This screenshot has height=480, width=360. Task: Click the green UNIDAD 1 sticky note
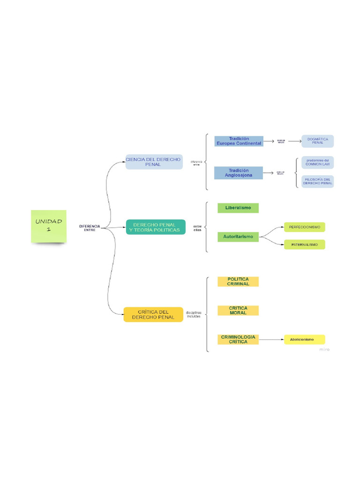[x=49, y=226]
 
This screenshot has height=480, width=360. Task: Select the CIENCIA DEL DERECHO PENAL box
[x=154, y=162]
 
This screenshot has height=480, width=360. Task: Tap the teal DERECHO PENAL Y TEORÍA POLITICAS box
[x=156, y=227]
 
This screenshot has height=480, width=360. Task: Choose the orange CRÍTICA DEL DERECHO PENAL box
[x=153, y=315]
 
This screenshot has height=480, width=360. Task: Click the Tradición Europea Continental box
[x=239, y=141]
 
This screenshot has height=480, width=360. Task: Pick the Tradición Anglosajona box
[x=239, y=173]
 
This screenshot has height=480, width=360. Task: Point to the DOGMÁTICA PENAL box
[x=317, y=141]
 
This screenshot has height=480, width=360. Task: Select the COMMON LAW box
[x=317, y=162]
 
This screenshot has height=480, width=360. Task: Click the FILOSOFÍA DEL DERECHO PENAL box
[x=317, y=181]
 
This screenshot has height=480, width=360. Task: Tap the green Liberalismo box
[x=238, y=208]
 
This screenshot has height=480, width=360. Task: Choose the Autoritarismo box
[x=238, y=237]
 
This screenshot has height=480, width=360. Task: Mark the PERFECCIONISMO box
[x=304, y=227]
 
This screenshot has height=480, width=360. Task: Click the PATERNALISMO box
[x=304, y=245]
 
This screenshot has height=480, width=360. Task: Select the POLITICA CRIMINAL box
[x=238, y=281]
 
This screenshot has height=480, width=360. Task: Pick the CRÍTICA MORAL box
[x=238, y=310]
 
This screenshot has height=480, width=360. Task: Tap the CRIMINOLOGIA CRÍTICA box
[x=238, y=339]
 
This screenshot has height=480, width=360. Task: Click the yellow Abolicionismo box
[x=304, y=339]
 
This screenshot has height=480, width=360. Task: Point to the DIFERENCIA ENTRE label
[x=89, y=228]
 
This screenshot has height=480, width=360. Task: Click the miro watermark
[x=324, y=349]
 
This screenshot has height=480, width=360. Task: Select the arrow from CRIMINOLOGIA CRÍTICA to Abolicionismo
[x=271, y=339]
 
